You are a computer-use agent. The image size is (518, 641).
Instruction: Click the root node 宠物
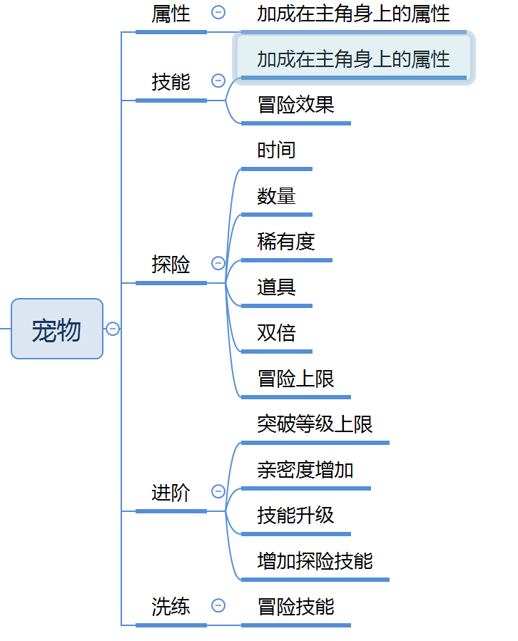click(x=57, y=329)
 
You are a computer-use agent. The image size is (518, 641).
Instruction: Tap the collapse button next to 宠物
click(x=113, y=329)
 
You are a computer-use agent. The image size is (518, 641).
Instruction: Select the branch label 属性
click(x=171, y=14)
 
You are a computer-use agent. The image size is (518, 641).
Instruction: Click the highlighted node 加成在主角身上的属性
click(x=353, y=58)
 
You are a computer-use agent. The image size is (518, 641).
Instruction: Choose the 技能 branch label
click(x=171, y=82)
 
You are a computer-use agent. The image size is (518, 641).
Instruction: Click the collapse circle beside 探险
click(x=218, y=264)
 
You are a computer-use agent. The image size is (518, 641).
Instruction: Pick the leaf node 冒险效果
click(x=295, y=106)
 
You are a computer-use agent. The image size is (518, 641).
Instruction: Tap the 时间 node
click(x=276, y=150)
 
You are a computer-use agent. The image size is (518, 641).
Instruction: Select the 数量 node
click(x=276, y=196)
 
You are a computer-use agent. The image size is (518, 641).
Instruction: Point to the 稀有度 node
click(x=286, y=242)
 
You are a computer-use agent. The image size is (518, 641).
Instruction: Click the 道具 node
click(x=276, y=287)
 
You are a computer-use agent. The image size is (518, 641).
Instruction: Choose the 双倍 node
click(x=276, y=333)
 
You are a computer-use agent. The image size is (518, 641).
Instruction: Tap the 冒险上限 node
click(x=295, y=379)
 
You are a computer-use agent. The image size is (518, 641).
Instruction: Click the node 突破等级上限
click(x=315, y=424)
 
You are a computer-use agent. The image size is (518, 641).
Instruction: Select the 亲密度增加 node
click(x=305, y=470)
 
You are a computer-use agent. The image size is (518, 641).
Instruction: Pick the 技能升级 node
click(x=295, y=516)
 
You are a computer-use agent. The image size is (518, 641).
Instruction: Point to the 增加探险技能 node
click(x=315, y=561)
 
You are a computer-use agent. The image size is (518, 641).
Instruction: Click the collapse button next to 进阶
click(x=218, y=491)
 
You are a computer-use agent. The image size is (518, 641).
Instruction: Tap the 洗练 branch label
click(x=171, y=607)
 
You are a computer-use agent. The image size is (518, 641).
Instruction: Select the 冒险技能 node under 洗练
click(x=295, y=607)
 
